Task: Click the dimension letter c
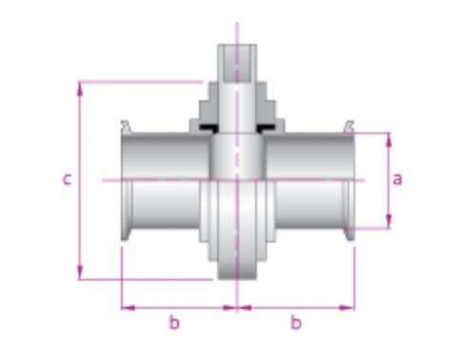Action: pos(67,179)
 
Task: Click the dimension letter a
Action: pos(397,179)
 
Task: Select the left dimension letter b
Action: pos(174,322)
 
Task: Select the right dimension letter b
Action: pos(296,322)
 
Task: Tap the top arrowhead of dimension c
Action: pos(80,89)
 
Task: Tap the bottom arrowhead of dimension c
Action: pos(80,273)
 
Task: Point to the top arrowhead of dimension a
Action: pos(388,140)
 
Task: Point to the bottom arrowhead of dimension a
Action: pos(388,221)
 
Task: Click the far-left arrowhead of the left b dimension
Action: pos(128,308)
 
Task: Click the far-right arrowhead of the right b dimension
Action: pos(347,308)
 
